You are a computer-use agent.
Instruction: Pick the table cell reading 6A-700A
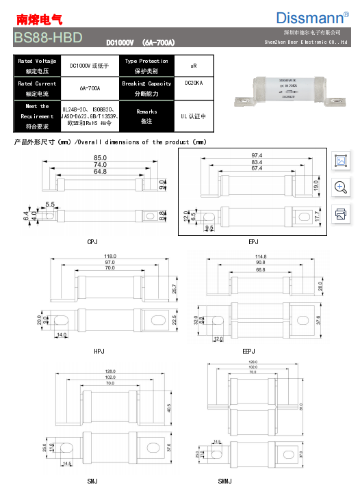point(90,88)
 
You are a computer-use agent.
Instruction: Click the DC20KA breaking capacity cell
point(194,83)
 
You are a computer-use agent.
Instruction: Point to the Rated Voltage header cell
point(37,66)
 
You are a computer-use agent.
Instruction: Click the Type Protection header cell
point(146,66)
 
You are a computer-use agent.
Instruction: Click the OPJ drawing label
point(93,242)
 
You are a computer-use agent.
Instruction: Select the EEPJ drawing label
point(250,350)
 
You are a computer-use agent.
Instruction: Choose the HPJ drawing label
point(100,350)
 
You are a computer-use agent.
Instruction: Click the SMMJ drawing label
point(226,482)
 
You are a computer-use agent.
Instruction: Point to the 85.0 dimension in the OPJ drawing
point(100,159)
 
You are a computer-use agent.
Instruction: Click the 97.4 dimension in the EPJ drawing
point(257,156)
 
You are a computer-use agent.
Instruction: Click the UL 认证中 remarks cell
point(194,116)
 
